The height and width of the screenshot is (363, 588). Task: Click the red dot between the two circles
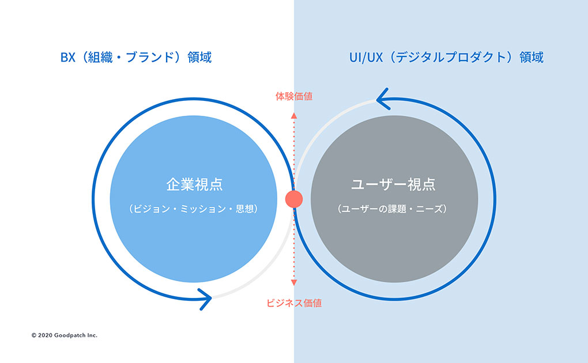[x=294, y=199]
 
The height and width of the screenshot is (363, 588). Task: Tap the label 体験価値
[x=294, y=96]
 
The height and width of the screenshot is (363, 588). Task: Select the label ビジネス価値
[x=294, y=303]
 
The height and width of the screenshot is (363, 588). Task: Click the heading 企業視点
[x=194, y=184]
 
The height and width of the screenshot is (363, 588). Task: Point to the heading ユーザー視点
[x=393, y=184]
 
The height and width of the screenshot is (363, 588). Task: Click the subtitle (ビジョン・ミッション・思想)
[x=194, y=209]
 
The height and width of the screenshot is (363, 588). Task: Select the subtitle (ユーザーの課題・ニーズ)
[x=392, y=209]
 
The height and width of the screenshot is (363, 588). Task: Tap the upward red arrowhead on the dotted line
[x=294, y=115]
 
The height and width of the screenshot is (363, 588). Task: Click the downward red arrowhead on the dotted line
[x=294, y=283]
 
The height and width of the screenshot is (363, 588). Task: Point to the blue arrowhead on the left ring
[x=205, y=299]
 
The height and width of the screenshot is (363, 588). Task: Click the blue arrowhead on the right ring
[x=383, y=99]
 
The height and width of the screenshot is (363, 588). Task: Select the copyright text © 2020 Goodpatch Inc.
[x=65, y=335]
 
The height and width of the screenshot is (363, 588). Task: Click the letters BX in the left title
[x=68, y=58]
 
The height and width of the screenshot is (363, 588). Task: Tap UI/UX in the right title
[x=366, y=58]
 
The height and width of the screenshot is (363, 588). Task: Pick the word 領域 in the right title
[x=532, y=58]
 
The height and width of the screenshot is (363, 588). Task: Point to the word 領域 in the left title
[x=199, y=58]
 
